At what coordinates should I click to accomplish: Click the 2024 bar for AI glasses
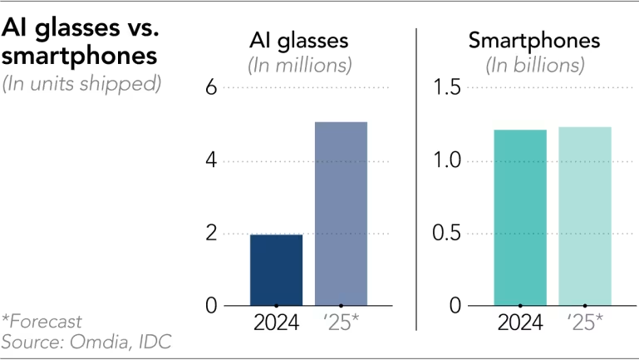tap(277, 270)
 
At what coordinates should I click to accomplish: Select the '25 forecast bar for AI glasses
tap(341, 214)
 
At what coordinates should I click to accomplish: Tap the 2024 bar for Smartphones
tap(520, 218)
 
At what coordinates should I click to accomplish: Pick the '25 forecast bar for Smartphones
tap(585, 216)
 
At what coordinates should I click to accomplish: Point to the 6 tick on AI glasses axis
tap(211, 87)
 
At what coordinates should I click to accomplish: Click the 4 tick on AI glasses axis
tap(211, 160)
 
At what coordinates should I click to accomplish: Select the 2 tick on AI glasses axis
tap(211, 233)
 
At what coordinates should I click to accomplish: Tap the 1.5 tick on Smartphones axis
tap(447, 87)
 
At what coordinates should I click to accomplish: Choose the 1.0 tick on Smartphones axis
tap(447, 160)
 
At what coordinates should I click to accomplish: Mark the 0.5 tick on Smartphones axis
tap(447, 233)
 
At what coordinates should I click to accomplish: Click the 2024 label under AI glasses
tap(277, 323)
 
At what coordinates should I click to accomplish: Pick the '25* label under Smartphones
tap(585, 323)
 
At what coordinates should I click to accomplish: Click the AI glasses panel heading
tap(299, 41)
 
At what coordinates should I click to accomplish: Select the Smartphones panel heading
tap(534, 41)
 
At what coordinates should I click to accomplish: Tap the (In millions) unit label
tap(300, 65)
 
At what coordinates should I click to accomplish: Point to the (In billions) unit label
tap(535, 65)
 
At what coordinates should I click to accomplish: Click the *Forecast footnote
tap(42, 322)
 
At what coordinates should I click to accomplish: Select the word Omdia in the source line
tap(101, 342)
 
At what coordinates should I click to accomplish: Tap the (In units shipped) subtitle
tap(81, 84)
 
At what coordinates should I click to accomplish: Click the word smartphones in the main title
tap(79, 56)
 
